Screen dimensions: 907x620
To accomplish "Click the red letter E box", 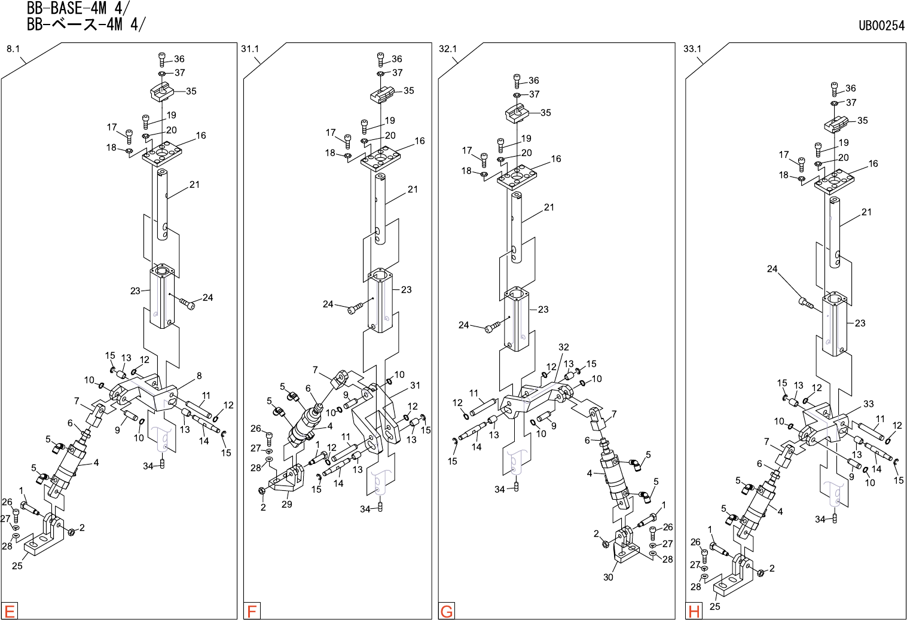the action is pos(10,611).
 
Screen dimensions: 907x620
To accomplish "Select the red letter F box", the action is pos(252,611).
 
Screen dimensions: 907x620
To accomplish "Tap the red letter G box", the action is pos(447,611).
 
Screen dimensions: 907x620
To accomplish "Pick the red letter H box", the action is pos(694,611).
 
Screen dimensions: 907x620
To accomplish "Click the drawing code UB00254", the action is pos(881,26).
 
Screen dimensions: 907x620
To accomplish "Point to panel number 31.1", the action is pos(250,49).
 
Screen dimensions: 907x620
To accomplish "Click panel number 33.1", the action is pos(692,49).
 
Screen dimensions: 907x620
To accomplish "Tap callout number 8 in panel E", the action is pos(199,376).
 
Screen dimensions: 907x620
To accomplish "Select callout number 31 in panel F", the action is pos(415,386).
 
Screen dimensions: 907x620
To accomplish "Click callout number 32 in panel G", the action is pos(563,347).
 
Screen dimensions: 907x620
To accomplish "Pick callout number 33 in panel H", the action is pos(868,404).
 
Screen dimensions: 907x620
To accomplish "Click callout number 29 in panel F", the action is pos(287,504).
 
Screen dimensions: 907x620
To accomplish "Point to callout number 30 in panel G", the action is pos(608,577).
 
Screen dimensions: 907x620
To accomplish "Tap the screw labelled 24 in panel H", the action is pos(806,303).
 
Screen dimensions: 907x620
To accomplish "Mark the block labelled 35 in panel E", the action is pos(161,92).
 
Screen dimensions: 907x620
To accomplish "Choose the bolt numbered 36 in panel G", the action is pos(517,81).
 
